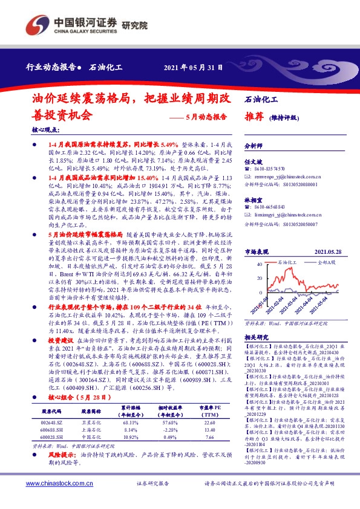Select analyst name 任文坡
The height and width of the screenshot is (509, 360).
tap(252, 161)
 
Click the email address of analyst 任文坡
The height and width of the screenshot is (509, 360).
tap(283, 176)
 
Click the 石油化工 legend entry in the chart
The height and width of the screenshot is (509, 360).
tap(287, 247)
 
